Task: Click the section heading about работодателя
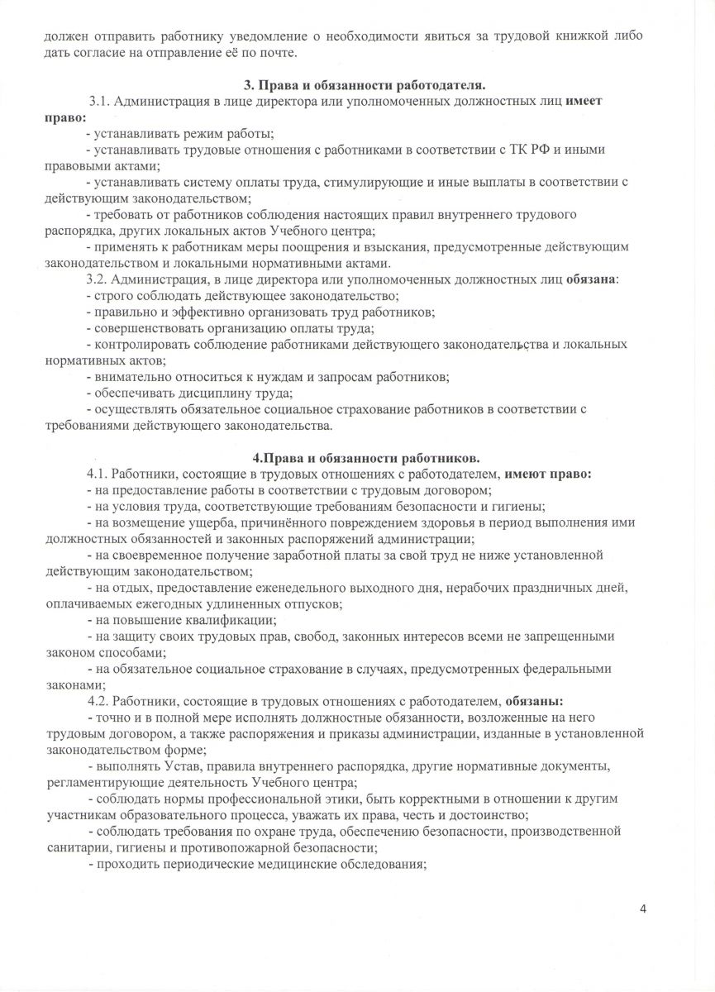(x=364, y=86)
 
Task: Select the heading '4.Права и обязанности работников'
(x=365, y=458)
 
